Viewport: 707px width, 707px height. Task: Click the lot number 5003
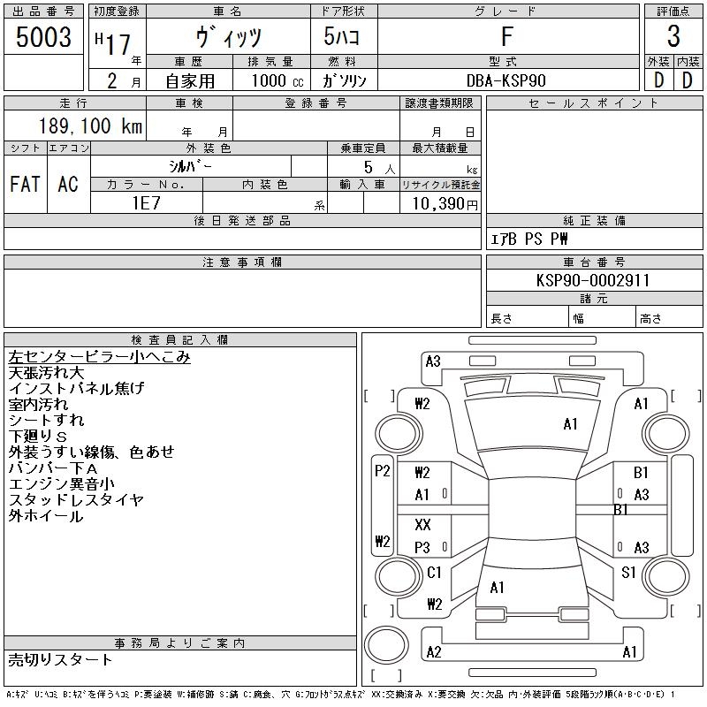(x=43, y=37)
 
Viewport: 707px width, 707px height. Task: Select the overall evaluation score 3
(x=673, y=37)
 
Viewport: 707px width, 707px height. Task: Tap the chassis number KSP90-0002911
(x=593, y=280)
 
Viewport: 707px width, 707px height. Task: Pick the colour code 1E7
(x=146, y=202)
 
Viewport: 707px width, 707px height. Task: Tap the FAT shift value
(x=25, y=184)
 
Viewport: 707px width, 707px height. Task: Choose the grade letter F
(x=506, y=37)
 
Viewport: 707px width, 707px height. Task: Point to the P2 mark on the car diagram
(x=382, y=471)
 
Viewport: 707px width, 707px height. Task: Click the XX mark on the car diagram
(x=422, y=525)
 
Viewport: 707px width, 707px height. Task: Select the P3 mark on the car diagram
(x=422, y=548)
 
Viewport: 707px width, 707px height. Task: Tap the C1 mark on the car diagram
(x=434, y=573)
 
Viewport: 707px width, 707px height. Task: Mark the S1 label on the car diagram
(x=628, y=573)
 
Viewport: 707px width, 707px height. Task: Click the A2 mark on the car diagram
(x=433, y=652)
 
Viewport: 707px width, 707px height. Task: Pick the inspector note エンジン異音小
(x=62, y=483)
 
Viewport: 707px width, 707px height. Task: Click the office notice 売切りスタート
(x=60, y=659)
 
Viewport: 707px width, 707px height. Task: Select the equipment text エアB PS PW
(x=529, y=239)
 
